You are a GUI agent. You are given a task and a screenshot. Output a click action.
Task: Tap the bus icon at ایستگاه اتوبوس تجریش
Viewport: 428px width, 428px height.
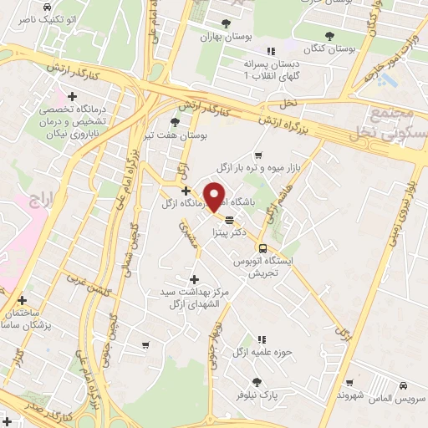[x=262, y=248]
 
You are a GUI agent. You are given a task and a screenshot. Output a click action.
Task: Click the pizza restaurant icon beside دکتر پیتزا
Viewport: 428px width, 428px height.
[x=229, y=219]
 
